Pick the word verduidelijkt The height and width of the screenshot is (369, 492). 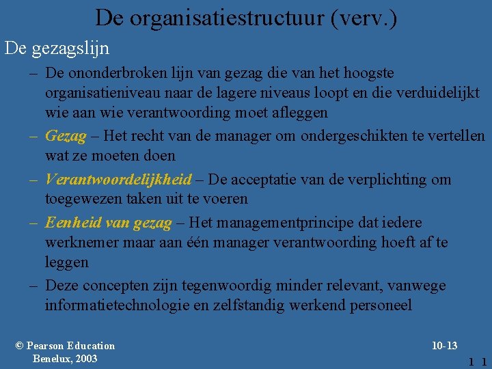[x=439, y=92]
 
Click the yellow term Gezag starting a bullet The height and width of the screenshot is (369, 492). [x=66, y=136]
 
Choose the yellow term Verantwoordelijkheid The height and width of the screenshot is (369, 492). [x=118, y=179]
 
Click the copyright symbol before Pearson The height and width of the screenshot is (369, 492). [x=20, y=346]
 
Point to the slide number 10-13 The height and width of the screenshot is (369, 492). [x=444, y=346]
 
